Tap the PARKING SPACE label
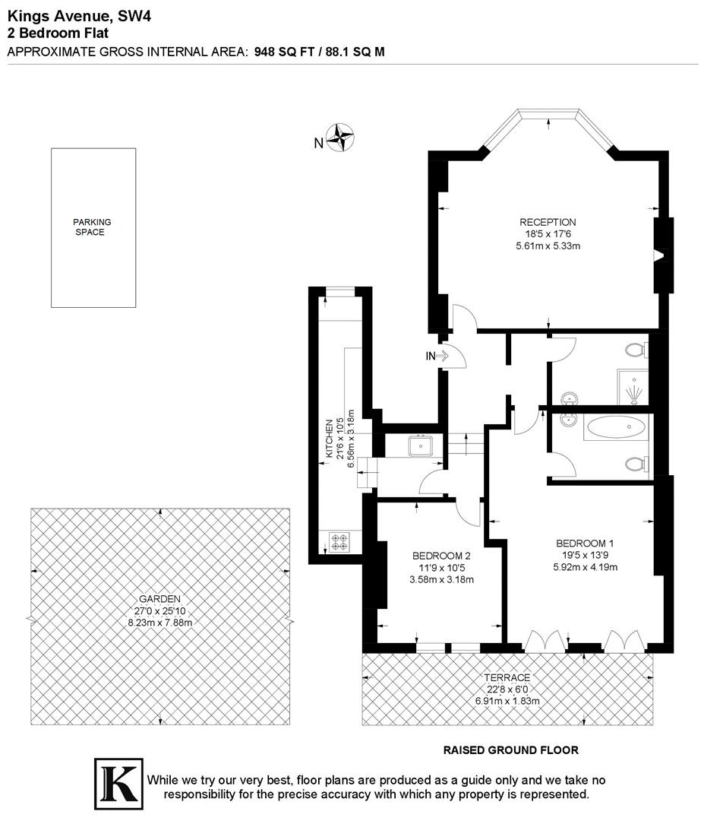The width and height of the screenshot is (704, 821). [x=92, y=227]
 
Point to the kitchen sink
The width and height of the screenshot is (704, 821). [x=420, y=445]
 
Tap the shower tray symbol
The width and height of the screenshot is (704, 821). [x=633, y=388]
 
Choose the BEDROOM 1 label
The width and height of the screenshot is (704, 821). [x=585, y=543]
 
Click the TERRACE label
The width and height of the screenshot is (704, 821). [x=507, y=677]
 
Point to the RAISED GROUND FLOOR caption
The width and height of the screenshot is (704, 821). [x=510, y=750]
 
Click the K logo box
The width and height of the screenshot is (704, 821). [x=118, y=780]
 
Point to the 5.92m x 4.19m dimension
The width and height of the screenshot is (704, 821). [x=585, y=566]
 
